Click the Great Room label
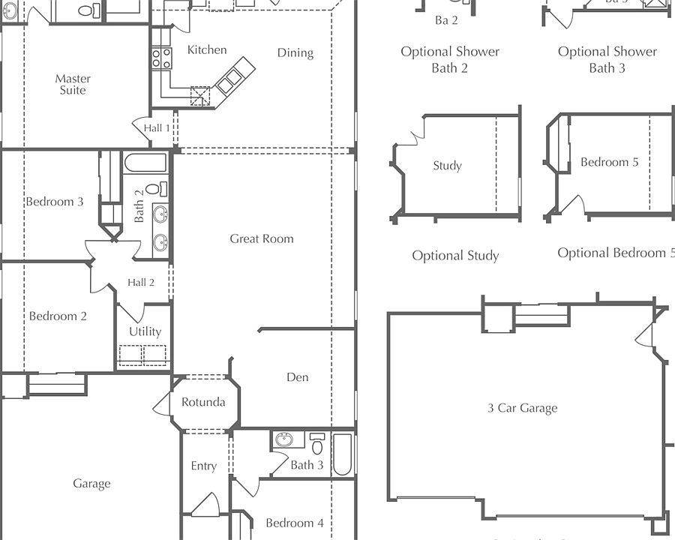click(262, 238)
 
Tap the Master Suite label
click(73, 85)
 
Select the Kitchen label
click(207, 50)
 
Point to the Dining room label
click(295, 53)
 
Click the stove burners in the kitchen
click(162, 58)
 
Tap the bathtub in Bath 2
click(145, 163)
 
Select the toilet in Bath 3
click(317, 443)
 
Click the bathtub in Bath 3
click(342, 454)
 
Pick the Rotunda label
click(203, 402)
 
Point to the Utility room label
click(145, 331)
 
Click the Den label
click(298, 377)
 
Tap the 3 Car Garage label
click(522, 408)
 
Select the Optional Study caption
click(455, 256)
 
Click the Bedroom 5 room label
click(609, 162)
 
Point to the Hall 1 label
click(157, 128)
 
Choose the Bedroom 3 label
click(55, 202)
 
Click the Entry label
click(203, 466)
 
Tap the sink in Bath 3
click(283, 439)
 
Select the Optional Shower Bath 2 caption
click(450, 60)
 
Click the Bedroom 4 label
click(295, 523)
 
